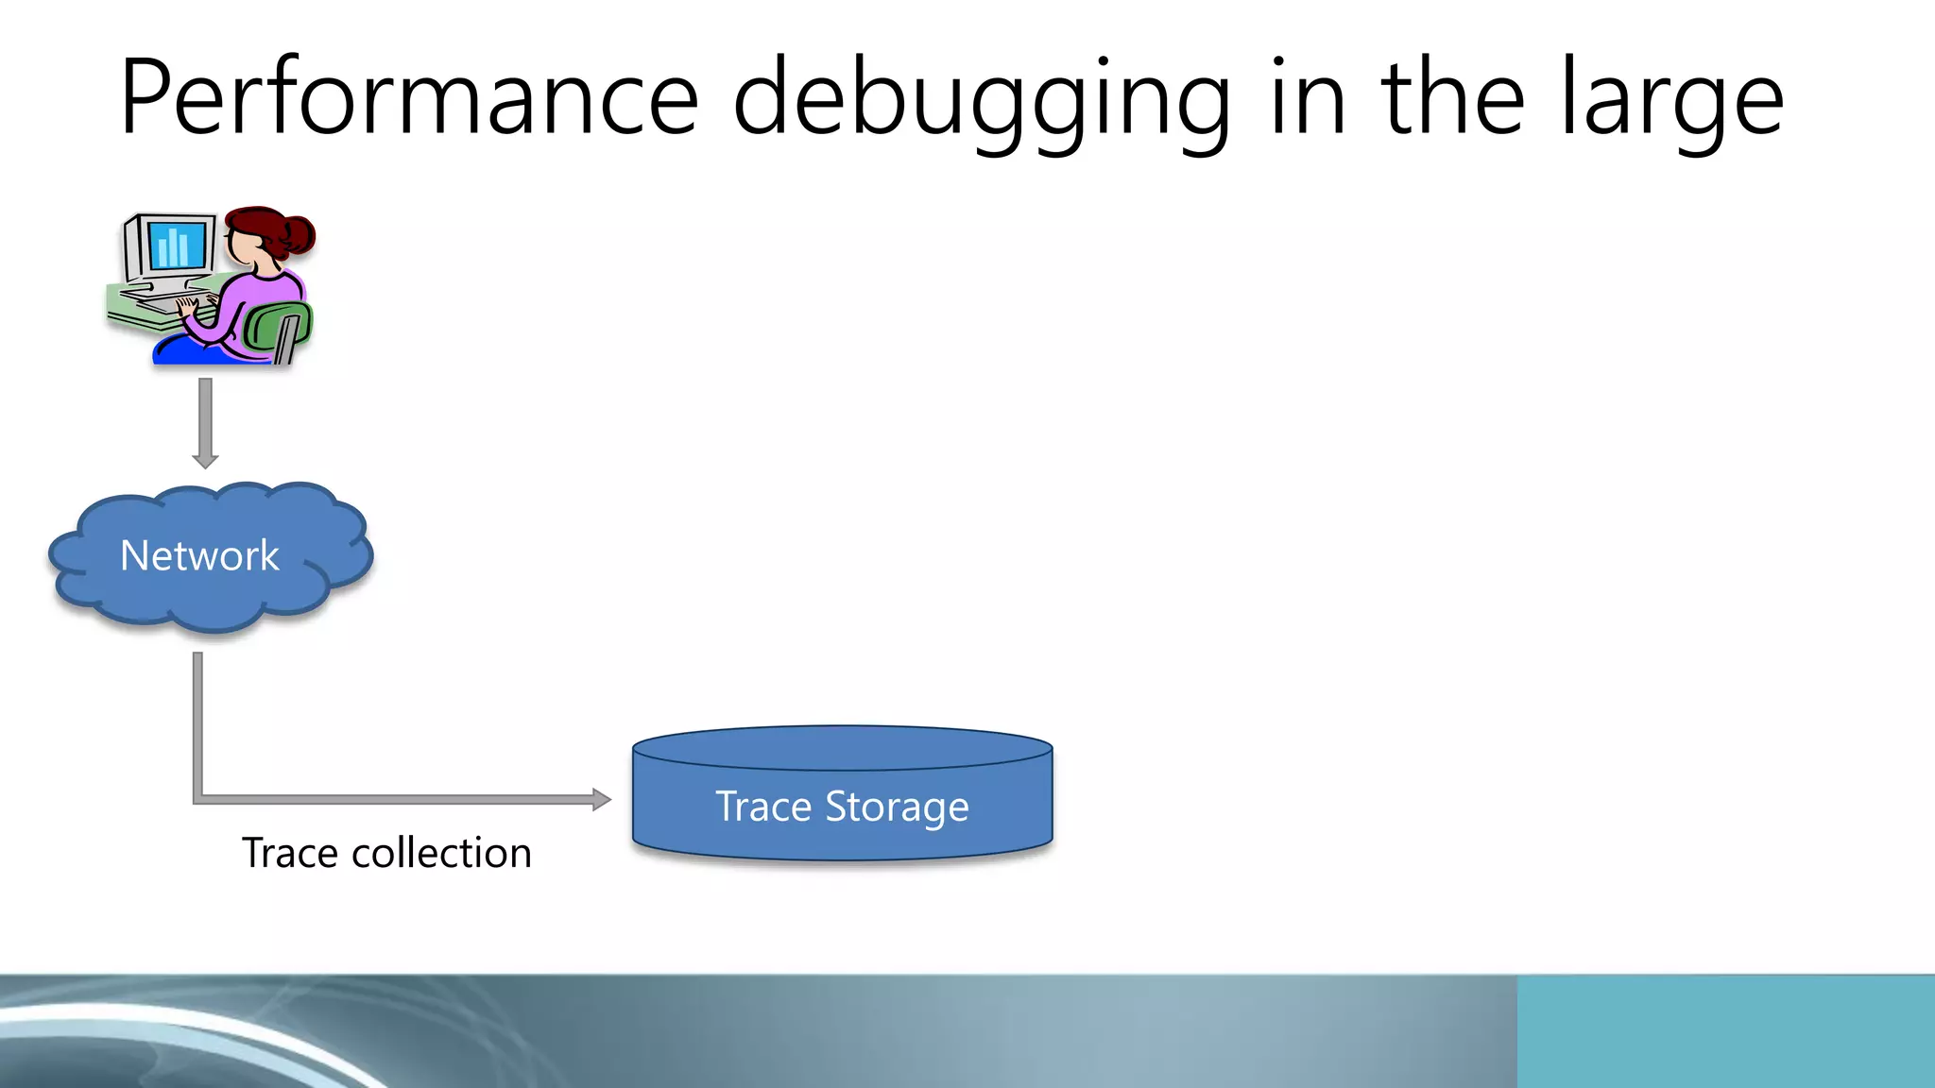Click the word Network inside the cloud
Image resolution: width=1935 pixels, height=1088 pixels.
(199, 555)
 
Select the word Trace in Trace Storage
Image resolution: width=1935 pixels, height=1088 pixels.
(763, 807)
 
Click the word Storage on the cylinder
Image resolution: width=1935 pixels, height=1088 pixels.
(897, 808)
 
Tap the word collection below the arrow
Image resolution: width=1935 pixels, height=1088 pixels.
(441, 853)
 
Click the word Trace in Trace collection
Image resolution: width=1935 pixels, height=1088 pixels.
(289, 853)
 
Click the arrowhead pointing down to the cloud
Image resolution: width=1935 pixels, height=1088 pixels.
(205, 460)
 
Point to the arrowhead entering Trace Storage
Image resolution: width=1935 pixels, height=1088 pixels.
(601, 800)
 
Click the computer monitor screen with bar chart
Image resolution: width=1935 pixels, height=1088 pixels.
(176, 246)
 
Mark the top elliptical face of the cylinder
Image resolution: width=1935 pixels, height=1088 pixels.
(842, 747)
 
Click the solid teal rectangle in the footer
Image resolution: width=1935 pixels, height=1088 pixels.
(1725, 1031)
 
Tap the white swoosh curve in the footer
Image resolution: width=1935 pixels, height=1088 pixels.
(189, 1025)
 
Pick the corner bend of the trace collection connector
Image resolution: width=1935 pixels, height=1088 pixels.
(198, 799)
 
